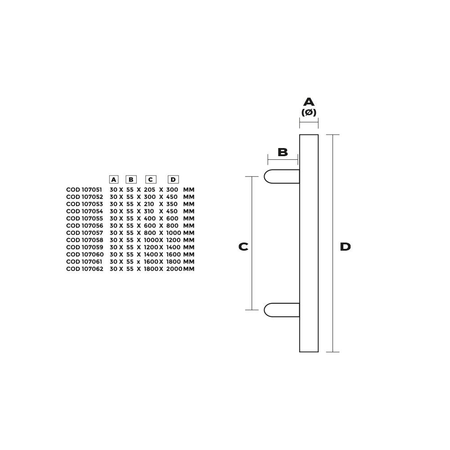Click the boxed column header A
point(114,180)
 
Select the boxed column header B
point(131,180)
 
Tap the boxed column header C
point(150,180)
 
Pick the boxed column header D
point(173,180)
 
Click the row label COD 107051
point(84,190)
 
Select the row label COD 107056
point(85,225)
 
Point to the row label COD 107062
point(85,269)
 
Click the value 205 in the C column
point(149,190)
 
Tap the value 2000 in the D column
point(174,269)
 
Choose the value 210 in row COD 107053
point(149,204)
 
